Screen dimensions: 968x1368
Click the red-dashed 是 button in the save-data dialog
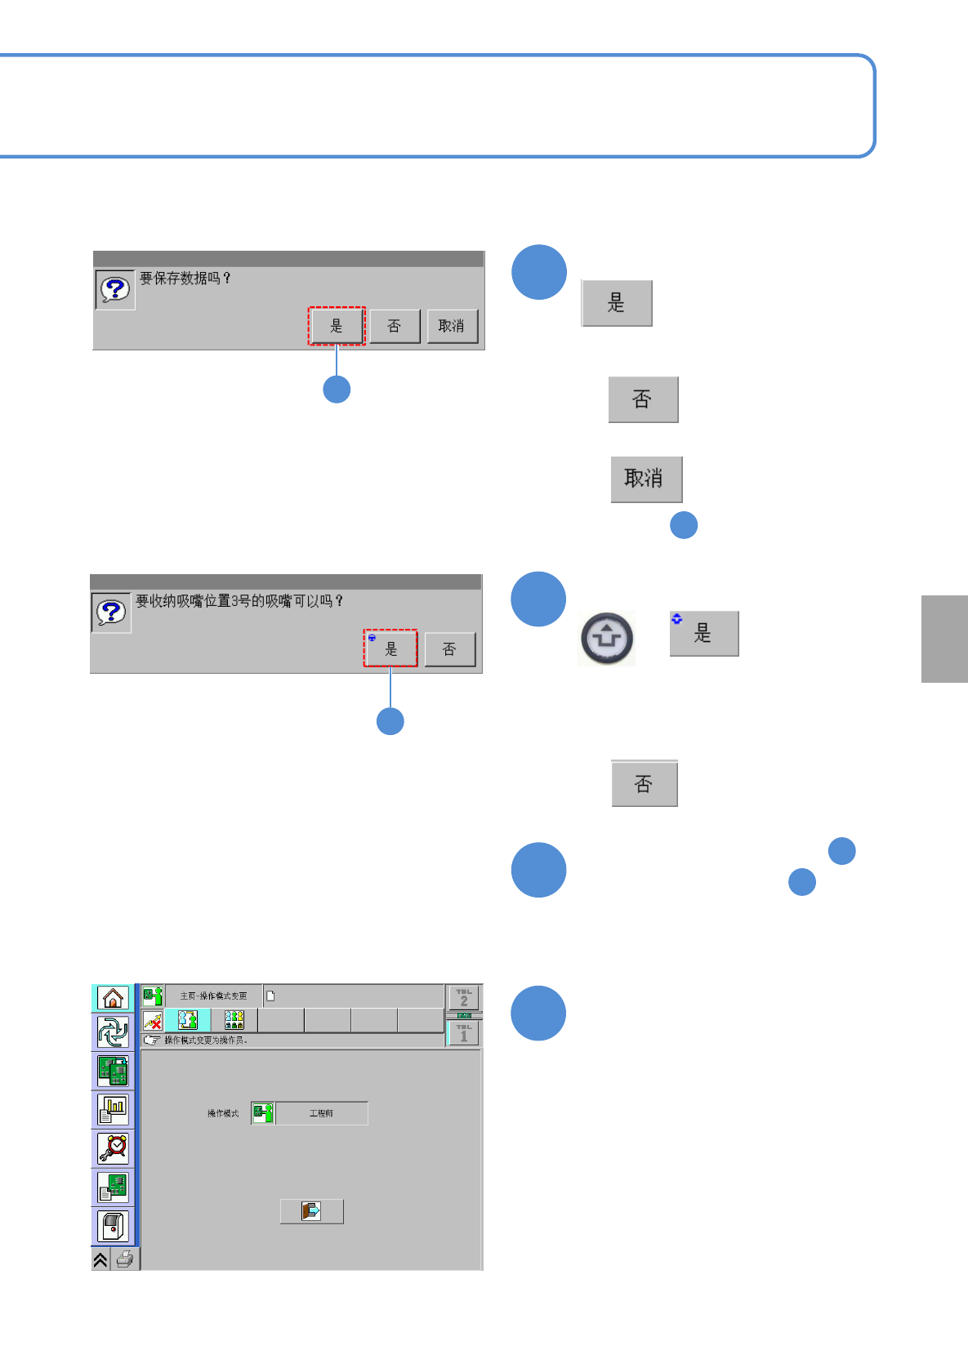click(x=337, y=326)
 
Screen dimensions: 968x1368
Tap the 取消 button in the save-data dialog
click(x=452, y=326)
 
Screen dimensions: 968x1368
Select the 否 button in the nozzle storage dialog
click(x=449, y=649)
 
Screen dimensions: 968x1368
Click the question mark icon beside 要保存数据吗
click(x=115, y=289)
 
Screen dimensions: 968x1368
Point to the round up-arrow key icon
click(x=607, y=638)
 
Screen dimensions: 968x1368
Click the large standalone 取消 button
click(x=645, y=479)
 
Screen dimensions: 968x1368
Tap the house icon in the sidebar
click(x=113, y=997)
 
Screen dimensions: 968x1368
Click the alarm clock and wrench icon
click(x=113, y=1147)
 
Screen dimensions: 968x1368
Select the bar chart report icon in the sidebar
click(x=113, y=1109)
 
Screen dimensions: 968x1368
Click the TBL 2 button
click(x=464, y=997)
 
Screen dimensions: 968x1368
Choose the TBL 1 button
click(x=464, y=1033)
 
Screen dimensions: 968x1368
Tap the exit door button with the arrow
click(x=311, y=1210)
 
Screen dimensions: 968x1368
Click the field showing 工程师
click(x=322, y=1113)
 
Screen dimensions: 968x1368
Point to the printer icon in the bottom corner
click(x=125, y=1259)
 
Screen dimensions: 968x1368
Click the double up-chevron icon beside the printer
click(x=100, y=1259)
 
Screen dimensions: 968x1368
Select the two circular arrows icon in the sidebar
click(x=113, y=1033)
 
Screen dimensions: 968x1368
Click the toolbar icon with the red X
click(x=153, y=1020)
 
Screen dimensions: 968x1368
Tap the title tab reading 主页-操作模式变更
click(x=213, y=996)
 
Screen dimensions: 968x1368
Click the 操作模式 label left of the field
click(x=223, y=1113)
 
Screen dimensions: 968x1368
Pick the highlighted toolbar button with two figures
click(x=188, y=1020)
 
